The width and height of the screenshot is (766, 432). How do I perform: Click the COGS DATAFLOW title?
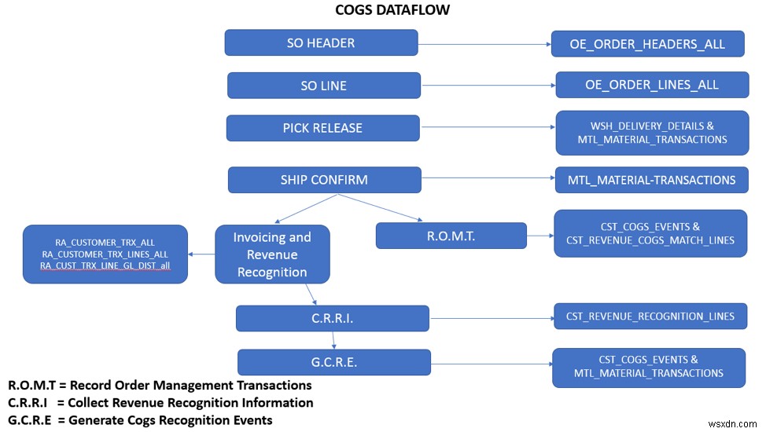383,10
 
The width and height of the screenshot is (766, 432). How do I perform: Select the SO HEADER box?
321,43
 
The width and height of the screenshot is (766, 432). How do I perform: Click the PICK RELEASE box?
322,128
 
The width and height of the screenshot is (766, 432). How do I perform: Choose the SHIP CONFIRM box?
323,180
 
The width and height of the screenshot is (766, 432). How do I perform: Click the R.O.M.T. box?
451,236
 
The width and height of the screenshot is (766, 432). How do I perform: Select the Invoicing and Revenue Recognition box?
272,254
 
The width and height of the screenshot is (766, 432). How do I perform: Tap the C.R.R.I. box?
332,318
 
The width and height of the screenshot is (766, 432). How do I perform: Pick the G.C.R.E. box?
333,362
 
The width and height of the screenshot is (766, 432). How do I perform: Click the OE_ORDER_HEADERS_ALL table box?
647,44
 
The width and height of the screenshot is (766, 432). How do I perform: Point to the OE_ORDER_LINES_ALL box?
651,85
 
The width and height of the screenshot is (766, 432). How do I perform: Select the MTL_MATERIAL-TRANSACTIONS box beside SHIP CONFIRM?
651,180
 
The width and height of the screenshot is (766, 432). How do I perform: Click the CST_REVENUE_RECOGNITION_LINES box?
650,317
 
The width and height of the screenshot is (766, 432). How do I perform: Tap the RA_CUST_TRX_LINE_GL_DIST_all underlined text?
105,266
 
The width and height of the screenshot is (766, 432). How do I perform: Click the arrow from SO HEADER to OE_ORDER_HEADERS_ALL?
484,44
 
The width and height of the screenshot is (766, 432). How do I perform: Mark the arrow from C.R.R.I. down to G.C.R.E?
333,340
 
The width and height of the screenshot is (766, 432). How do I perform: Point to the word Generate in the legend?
94,420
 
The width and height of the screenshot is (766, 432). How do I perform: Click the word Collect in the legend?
90,403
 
